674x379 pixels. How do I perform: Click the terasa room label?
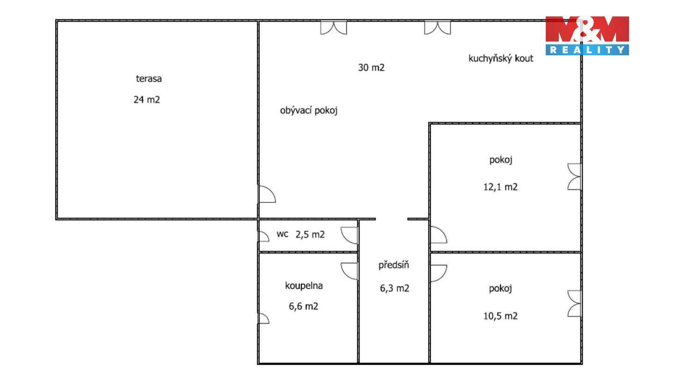pos(149,79)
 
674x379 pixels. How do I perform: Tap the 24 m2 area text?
pos(147,100)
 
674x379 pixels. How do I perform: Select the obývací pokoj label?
pos(308,111)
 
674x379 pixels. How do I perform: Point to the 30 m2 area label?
pos(371,68)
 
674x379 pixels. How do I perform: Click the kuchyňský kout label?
pos(501,58)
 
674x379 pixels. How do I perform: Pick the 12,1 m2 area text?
pos(500,187)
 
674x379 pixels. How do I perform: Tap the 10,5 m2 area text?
pos(500,316)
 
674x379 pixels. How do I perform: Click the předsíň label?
pos(394,265)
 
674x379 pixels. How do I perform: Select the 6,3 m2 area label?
pos(395,288)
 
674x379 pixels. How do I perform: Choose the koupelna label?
pos(304,285)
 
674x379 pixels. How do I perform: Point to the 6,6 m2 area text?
pos(303,306)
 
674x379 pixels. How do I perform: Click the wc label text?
pos(283,234)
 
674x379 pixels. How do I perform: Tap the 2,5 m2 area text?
pos(310,234)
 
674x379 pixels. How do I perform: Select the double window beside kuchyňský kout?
pos(438,28)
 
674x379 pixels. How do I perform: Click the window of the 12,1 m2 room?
pos(574,176)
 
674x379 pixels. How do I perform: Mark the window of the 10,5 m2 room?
pos(574,304)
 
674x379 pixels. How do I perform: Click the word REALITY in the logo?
pos(587,50)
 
